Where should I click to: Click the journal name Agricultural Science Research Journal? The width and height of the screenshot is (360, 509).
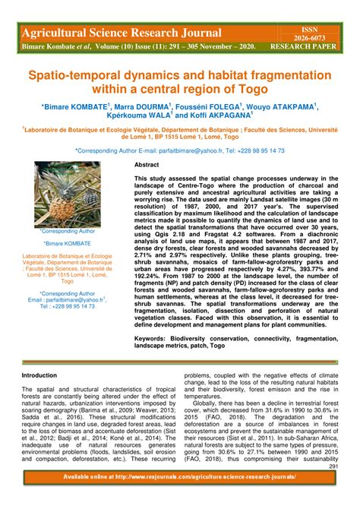click(122, 33)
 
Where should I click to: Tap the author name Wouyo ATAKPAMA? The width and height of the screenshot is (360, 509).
click(283, 108)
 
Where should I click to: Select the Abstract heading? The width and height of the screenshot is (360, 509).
click(147, 165)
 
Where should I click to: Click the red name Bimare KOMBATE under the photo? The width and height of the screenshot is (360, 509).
click(67, 243)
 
